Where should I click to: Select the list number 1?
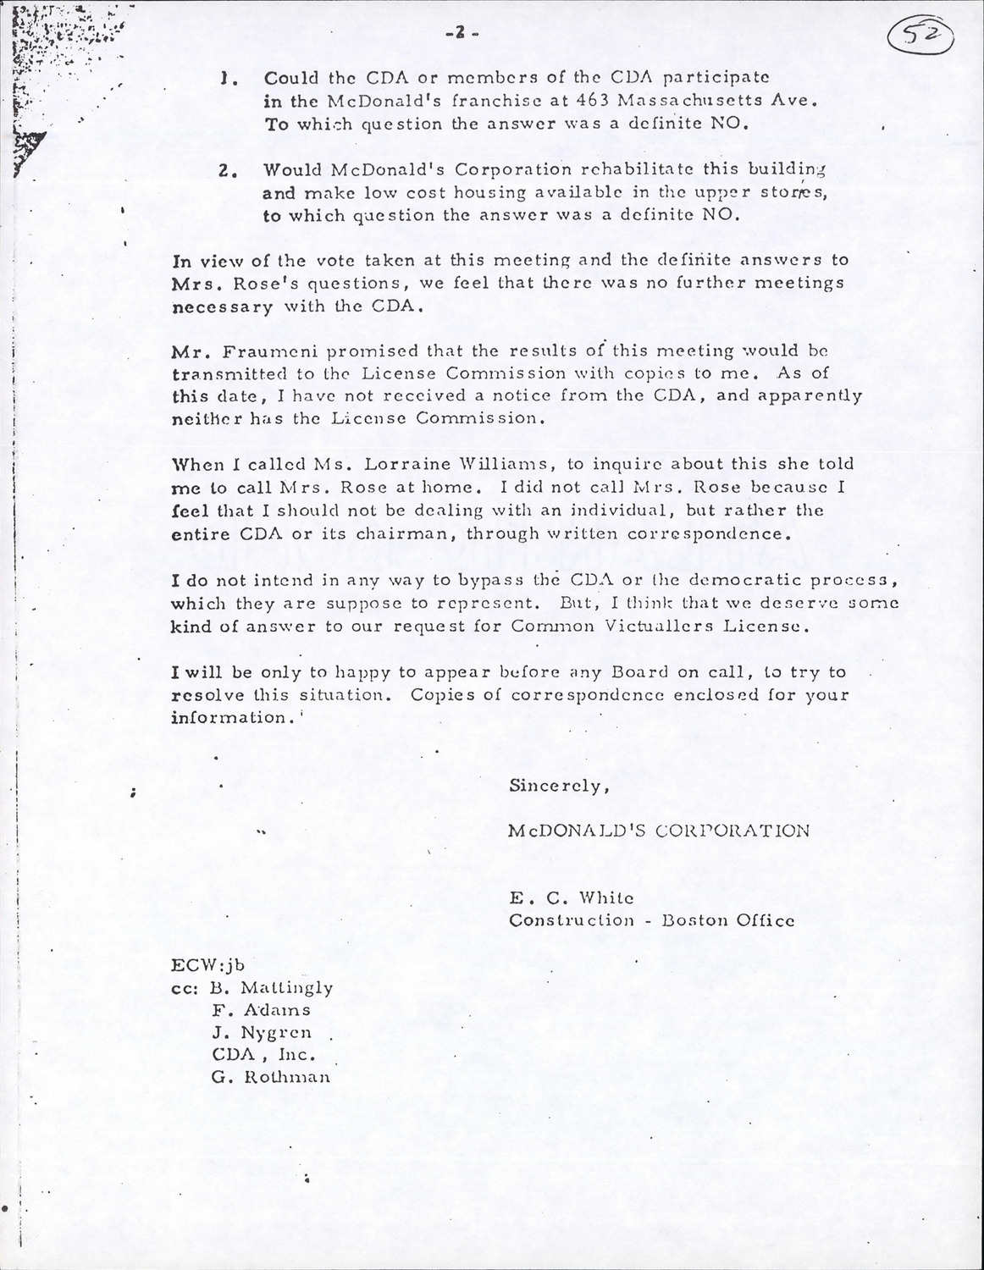point(224,78)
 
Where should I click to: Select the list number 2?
point(224,169)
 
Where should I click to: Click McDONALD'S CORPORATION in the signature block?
point(658,830)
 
